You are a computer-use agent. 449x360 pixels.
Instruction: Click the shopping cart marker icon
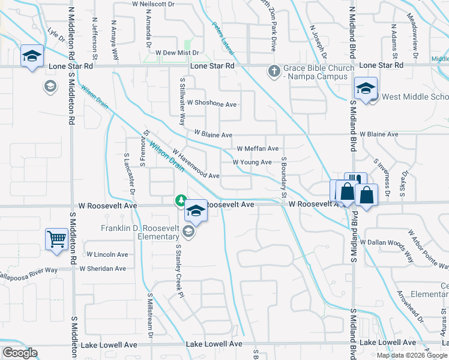[56, 239]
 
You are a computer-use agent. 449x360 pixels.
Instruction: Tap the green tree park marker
[179, 200]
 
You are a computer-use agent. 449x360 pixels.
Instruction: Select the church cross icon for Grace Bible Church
[274, 72]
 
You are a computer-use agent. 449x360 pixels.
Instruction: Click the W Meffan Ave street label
[258, 148]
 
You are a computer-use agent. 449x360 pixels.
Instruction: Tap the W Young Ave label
[252, 162]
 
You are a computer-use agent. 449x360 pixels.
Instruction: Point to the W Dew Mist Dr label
[177, 53]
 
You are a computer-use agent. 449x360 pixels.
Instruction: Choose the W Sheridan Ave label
[103, 269]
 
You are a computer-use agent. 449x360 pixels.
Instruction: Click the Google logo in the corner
[20, 353]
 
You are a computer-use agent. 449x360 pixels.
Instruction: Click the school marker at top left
[31, 56]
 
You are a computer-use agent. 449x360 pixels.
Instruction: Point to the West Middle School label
[414, 97]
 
